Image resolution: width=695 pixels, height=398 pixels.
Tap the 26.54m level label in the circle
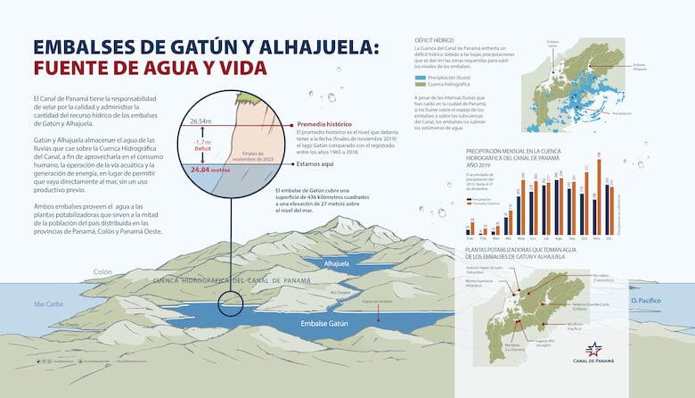pyautogui.click(x=200, y=120)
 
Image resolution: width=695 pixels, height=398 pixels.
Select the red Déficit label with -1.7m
pyautogui.click(x=200, y=145)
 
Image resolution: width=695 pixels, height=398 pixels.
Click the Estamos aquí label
pyautogui.click(x=315, y=163)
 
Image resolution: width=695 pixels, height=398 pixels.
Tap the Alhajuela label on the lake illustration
pyautogui.click(x=337, y=264)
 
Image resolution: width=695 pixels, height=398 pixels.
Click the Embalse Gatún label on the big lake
pyautogui.click(x=324, y=323)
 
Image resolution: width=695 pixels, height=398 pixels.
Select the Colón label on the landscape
pyautogui.click(x=102, y=272)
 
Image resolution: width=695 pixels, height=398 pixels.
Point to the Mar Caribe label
pyautogui.click(x=50, y=304)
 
